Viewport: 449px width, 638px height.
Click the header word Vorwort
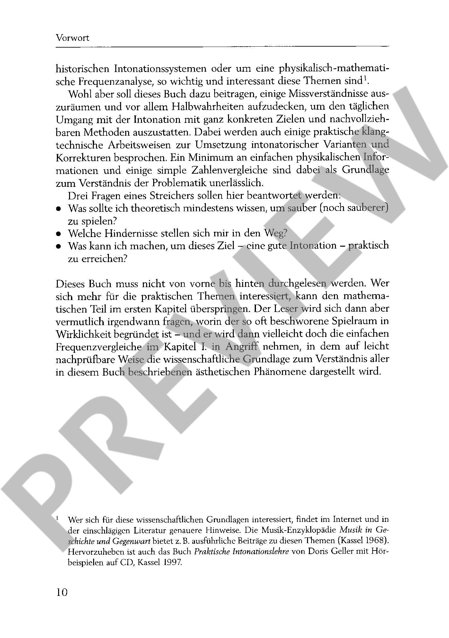tap(72, 38)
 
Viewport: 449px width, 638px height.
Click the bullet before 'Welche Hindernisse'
tap(58, 234)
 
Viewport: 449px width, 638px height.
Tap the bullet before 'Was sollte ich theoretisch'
tap(58, 209)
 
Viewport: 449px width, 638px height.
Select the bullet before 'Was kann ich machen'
tap(58, 247)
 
